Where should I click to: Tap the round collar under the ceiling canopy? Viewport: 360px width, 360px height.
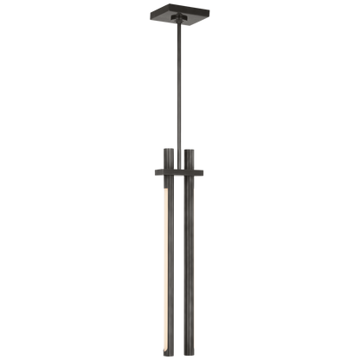click(180, 26)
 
